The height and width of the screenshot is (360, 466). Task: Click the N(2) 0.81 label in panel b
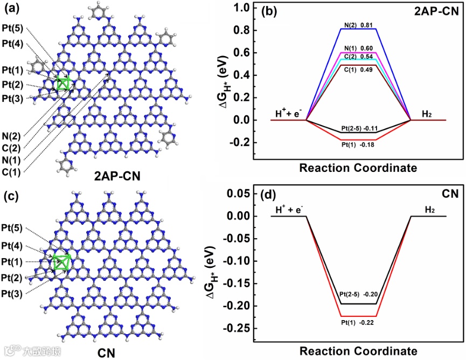coord(359,24)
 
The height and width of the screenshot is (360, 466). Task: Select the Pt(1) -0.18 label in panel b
coord(359,144)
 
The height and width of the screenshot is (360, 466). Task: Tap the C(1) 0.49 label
coord(359,61)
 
